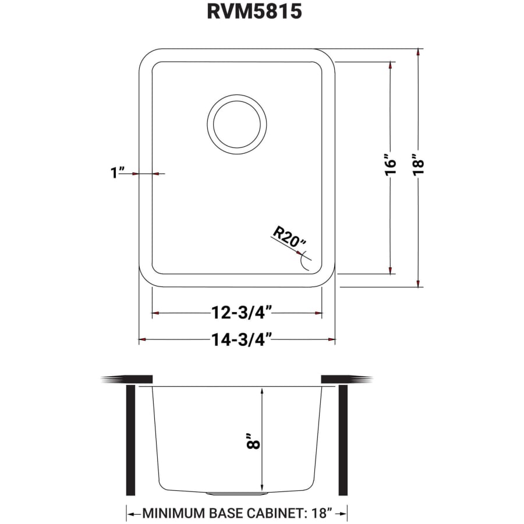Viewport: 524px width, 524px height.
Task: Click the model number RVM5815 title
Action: point(254,12)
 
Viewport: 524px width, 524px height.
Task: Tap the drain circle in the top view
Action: point(236,124)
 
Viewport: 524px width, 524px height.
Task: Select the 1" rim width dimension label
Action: point(117,172)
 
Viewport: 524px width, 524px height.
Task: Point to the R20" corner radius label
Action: point(289,237)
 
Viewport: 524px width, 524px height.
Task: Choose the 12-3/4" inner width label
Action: point(240,313)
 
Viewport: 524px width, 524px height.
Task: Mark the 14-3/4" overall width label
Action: point(240,339)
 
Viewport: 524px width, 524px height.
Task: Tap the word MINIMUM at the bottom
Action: point(174,513)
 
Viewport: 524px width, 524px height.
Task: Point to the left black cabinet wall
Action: point(130,440)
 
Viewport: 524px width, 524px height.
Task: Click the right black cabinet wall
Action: point(343,440)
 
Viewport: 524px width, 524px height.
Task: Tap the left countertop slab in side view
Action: point(127,379)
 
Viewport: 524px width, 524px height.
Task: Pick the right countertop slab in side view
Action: point(346,379)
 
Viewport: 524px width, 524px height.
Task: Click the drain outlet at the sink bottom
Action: point(237,493)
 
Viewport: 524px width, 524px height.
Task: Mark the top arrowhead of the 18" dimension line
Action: point(418,53)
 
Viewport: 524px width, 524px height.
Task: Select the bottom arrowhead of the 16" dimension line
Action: point(390,270)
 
